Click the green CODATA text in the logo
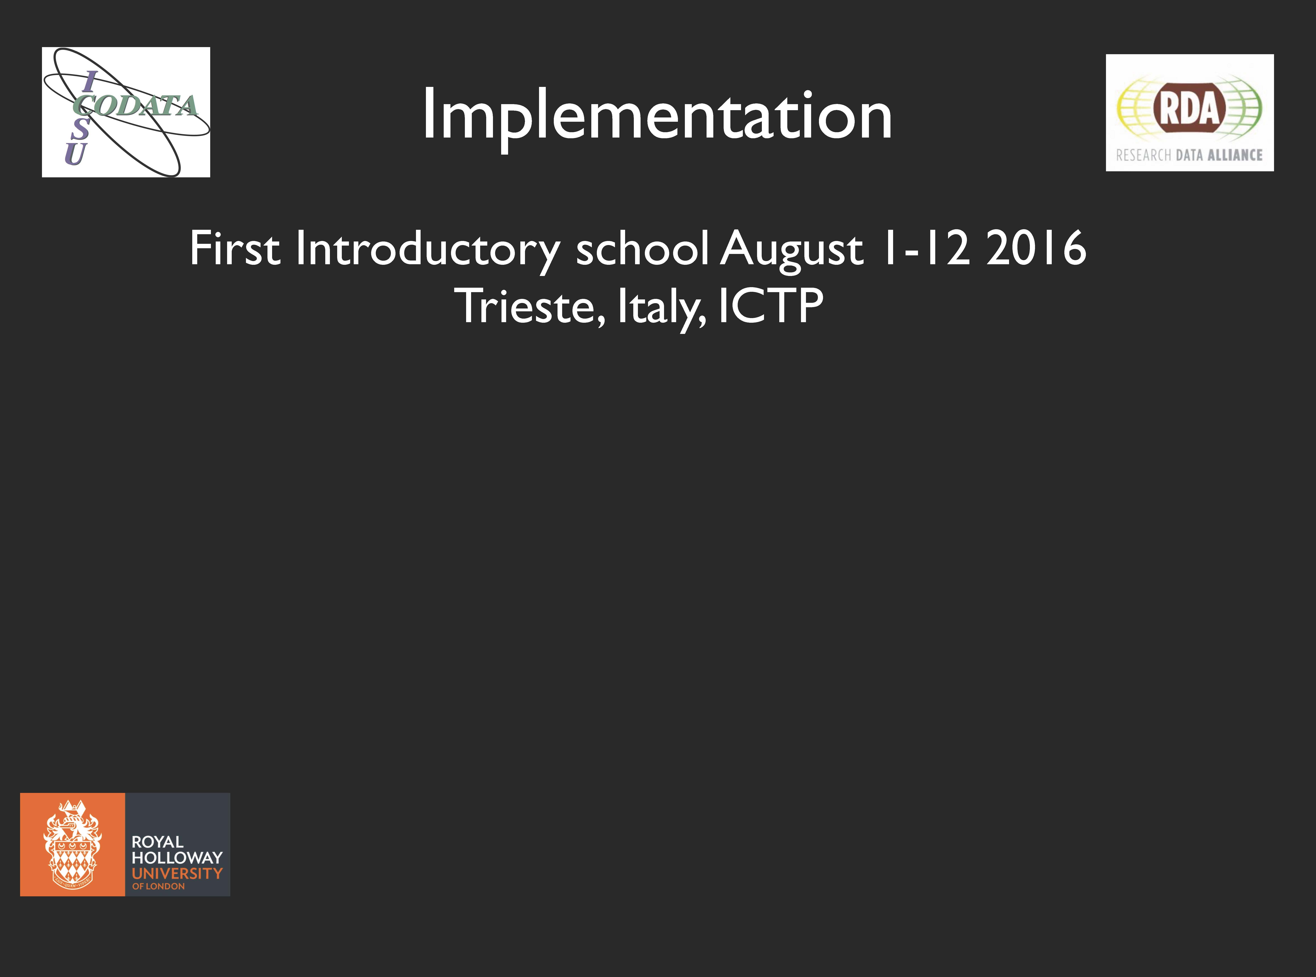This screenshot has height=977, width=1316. click(135, 105)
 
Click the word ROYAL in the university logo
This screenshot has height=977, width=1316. click(157, 842)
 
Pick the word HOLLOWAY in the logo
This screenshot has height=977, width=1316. click(177, 858)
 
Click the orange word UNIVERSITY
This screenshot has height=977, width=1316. click(177, 874)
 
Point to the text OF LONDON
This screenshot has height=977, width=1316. click(159, 886)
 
